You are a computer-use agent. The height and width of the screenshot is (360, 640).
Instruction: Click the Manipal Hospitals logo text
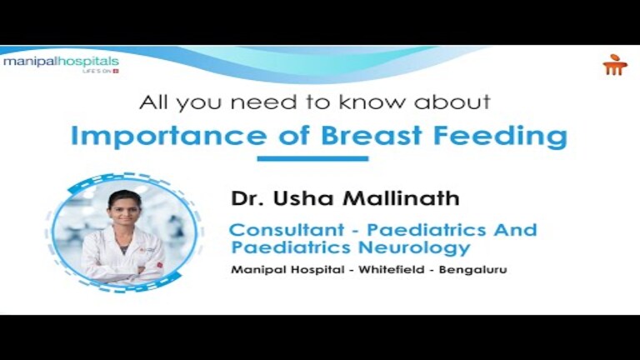click(60, 62)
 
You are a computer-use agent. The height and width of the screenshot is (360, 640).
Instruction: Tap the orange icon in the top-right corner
click(615, 65)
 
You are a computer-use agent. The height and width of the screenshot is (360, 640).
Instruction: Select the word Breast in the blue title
click(359, 135)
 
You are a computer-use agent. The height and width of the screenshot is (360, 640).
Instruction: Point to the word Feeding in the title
click(501, 136)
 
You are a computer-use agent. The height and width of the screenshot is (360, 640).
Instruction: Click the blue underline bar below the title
click(312, 158)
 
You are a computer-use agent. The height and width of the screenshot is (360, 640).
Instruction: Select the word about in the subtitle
click(453, 102)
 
